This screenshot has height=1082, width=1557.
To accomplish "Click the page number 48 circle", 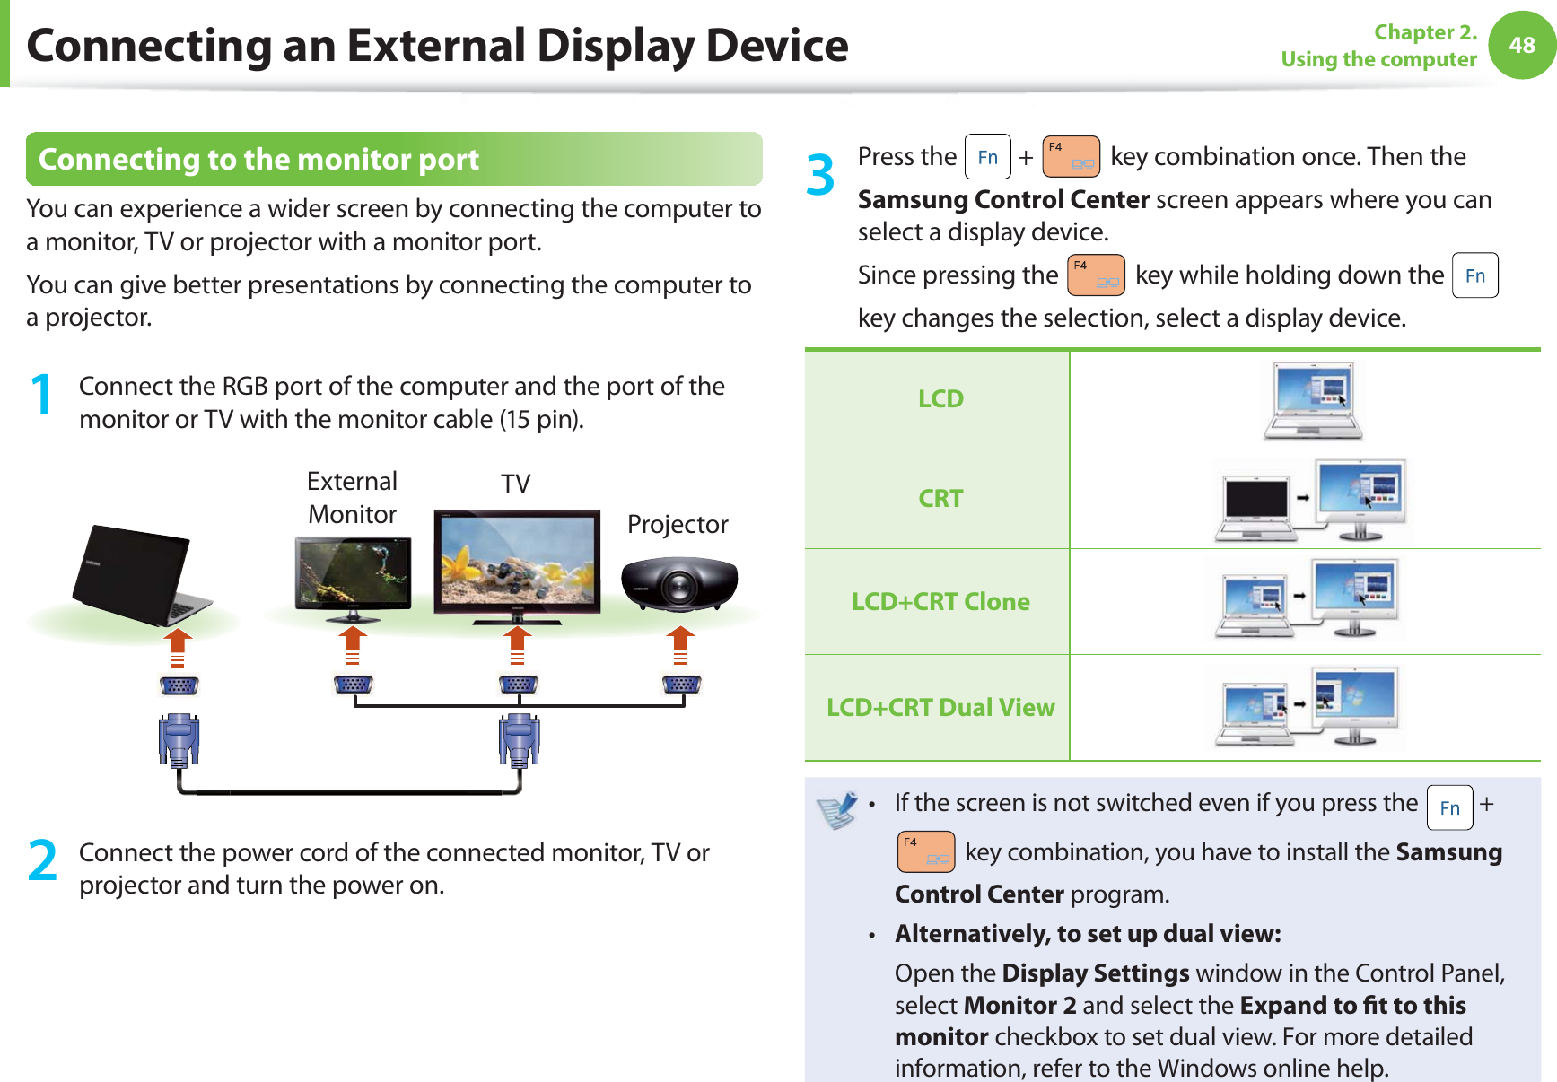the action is [1522, 45].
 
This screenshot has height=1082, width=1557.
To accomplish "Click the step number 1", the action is [41, 395].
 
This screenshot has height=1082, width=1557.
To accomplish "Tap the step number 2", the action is [42, 860].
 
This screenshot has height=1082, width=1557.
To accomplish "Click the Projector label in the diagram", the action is [678, 524].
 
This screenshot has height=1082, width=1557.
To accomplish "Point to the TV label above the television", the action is [515, 484].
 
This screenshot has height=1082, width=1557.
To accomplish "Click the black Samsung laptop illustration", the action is [138, 575].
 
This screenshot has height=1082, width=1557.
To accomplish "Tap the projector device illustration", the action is [679, 582].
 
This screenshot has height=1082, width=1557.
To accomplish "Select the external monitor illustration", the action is [353, 578].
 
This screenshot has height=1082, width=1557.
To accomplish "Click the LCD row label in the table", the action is [940, 398].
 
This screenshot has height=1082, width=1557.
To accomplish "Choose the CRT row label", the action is [940, 498].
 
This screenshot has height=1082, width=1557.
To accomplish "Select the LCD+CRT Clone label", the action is [940, 601].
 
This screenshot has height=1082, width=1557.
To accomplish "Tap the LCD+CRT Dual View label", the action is [940, 707].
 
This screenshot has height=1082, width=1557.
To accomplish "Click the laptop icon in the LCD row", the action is [1314, 400].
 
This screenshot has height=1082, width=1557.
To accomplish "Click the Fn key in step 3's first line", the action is [987, 157].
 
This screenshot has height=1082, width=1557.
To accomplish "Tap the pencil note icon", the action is [837, 809].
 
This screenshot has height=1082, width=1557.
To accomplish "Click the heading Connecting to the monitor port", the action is [259, 159].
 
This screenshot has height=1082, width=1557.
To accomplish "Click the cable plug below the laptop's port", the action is [179, 740].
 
